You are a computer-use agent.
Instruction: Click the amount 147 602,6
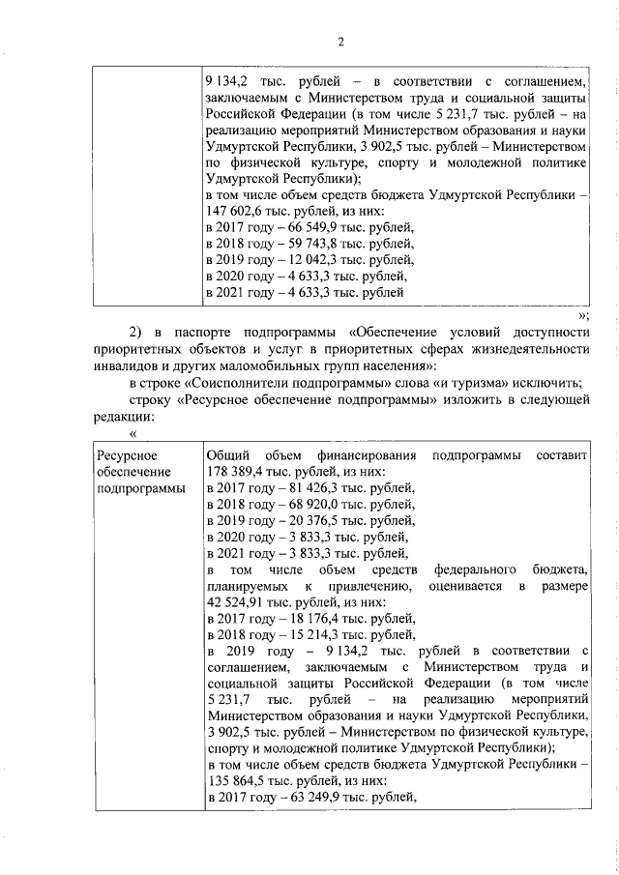231,212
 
